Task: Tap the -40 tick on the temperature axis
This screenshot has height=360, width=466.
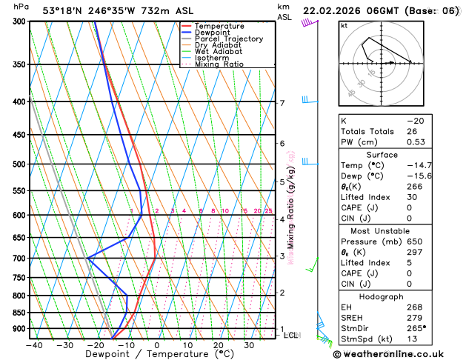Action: point(33,344)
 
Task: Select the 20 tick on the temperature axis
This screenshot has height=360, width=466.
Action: point(219,344)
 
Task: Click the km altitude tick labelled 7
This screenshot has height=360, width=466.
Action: point(282,103)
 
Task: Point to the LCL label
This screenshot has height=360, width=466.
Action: point(292,335)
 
